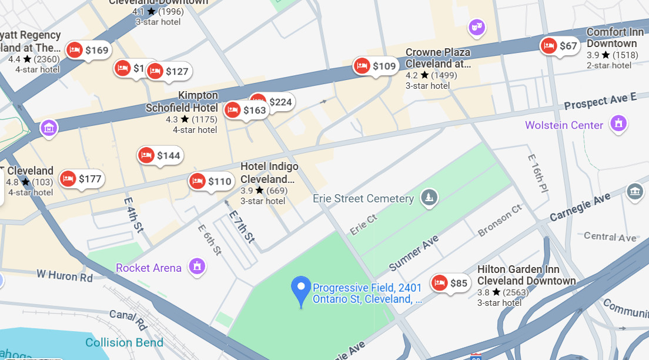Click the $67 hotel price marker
[x=560, y=46]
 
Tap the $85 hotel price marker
[x=450, y=283]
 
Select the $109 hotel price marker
[x=376, y=66]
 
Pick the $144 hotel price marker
[x=160, y=155]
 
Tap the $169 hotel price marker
[x=89, y=50]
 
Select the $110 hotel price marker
[x=211, y=181]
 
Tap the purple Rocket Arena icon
[x=197, y=267]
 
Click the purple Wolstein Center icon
[x=618, y=124]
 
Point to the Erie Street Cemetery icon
[x=430, y=198]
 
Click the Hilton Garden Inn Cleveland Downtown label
[x=526, y=275]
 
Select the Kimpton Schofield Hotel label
[x=182, y=102]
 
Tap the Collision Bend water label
[x=124, y=342]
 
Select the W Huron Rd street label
[x=65, y=275]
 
